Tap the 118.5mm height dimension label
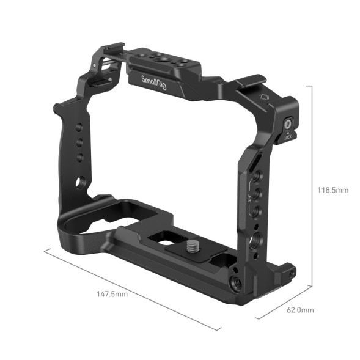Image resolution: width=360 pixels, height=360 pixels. (x=333, y=190)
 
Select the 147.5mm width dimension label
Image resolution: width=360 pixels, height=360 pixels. (x=112, y=294)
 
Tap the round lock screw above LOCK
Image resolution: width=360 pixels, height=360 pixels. (x=287, y=125)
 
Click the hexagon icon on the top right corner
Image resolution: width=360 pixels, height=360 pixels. (x=264, y=97)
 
